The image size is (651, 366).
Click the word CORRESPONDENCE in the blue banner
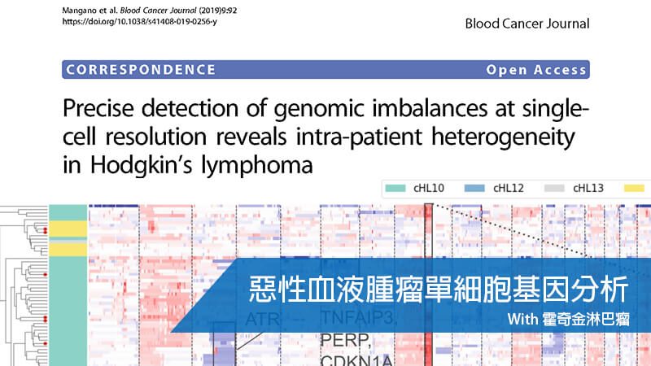[141, 70]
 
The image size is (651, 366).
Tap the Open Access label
[537, 70]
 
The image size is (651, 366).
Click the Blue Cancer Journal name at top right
[527, 24]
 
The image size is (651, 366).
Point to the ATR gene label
[262, 319]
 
